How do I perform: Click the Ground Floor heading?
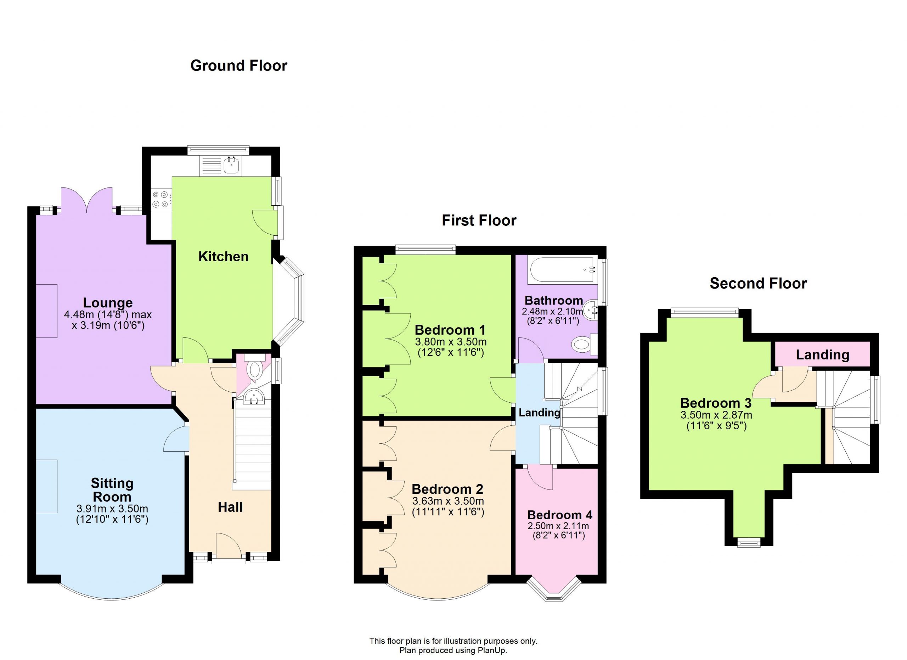pyautogui.click(x=239, y=66)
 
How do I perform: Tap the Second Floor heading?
pyautogui.click(x=758, y=284)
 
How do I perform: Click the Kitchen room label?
pyautogui.click(x=223, y=256)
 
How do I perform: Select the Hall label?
pyautogui.click(x=230, y=507)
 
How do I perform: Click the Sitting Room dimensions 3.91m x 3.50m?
pyautogui.click(x=112, y=509)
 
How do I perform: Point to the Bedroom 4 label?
pyautogui.click(x=560, y=515)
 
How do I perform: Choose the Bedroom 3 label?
pyautogui.click(x=716, y=403)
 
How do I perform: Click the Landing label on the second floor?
pyautogui.click(x=823, y=355)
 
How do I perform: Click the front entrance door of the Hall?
pyautogui.click(x=229, y=547)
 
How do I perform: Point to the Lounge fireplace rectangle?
pyautogui.click(x=46, y=311)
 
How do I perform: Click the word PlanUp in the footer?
pyautogui.click(x=492, y=650)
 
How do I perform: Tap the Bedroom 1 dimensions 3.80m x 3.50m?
pyautogui.click(x=450, y=342)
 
